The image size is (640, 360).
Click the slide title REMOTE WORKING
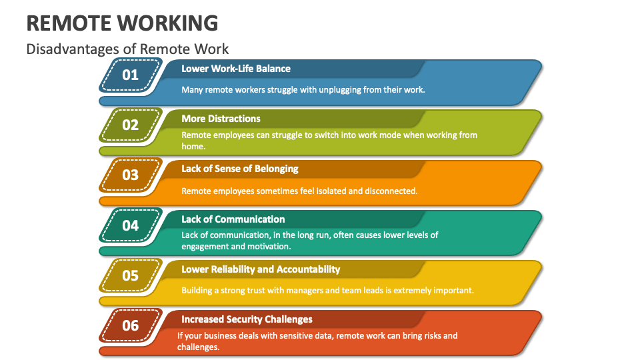[x=122, y=23]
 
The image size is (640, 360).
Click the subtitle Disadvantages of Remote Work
[x=127, y=49]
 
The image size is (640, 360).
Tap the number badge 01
[x=131, y=75]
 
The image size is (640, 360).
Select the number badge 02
[x=131, y=125]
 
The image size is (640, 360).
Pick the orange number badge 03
[x=131, y=175]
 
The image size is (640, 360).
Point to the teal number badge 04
[x=131, y=225]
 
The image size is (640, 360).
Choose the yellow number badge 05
[x=131, y=275]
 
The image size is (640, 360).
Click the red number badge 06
[x=131, y=325]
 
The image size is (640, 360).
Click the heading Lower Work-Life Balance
[x=236, y=69]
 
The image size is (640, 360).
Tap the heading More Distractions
[x=221, y=119]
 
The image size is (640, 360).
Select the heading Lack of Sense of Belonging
[x=240, y=169]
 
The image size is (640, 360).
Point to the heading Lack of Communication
[x=233, y=219]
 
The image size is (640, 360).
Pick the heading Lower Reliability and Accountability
[x=261, y=269]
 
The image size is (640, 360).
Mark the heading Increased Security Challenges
[x=247, y=319]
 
